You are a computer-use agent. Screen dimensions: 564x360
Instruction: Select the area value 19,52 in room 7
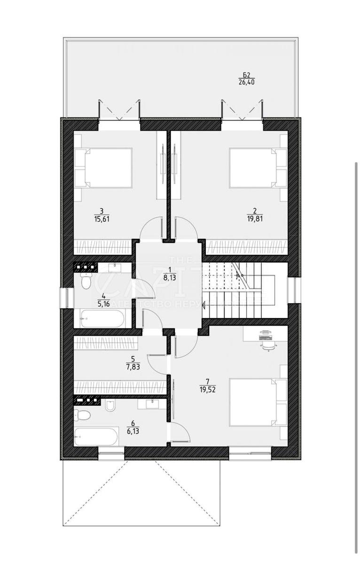click(x=207, y=389)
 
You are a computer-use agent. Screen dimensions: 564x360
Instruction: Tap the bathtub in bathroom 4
click(x=102, y=319)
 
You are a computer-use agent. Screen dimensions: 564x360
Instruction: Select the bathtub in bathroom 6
click(x=96, y=437)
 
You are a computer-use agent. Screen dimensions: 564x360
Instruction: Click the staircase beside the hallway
click(x=237, y=290)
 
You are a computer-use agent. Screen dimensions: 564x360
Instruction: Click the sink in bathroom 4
click(x=114, y=267)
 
